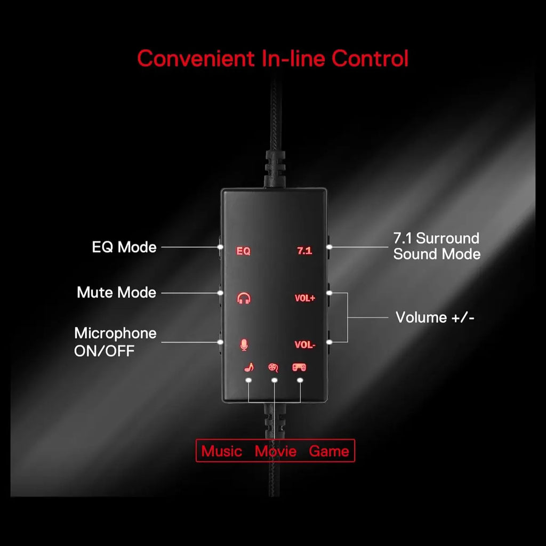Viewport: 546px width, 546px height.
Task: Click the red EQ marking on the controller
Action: tap(243, 251)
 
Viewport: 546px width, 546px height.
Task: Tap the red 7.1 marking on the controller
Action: tap(304, 251)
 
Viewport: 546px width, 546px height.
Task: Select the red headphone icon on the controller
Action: tap(244, 298)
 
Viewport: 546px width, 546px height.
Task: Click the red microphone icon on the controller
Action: tap(244, 344)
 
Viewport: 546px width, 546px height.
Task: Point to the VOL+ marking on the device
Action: tap(304, 298)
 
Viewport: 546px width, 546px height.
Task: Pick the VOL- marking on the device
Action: tap(304, 345)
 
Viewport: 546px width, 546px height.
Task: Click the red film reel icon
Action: tap(274, 367)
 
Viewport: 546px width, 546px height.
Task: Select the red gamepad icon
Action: tap(299, 367)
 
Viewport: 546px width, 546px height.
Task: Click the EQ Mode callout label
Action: tap(124, 247)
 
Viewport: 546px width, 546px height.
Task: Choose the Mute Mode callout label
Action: tap(116, 292)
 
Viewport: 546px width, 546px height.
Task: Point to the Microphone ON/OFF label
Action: tap(115, 342)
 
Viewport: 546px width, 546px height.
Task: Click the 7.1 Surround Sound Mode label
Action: tap(437, 246)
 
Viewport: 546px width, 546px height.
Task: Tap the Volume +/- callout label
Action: tap(435, 317)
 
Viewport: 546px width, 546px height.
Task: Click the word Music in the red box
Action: tap(221, 451)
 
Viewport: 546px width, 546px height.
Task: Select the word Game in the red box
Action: tap(328, 451)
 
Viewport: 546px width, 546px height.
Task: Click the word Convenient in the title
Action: tap(195, 58)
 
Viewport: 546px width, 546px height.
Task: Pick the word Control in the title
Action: tap(370, 58)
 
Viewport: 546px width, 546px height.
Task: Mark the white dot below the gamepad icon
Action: tap(300, 380)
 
